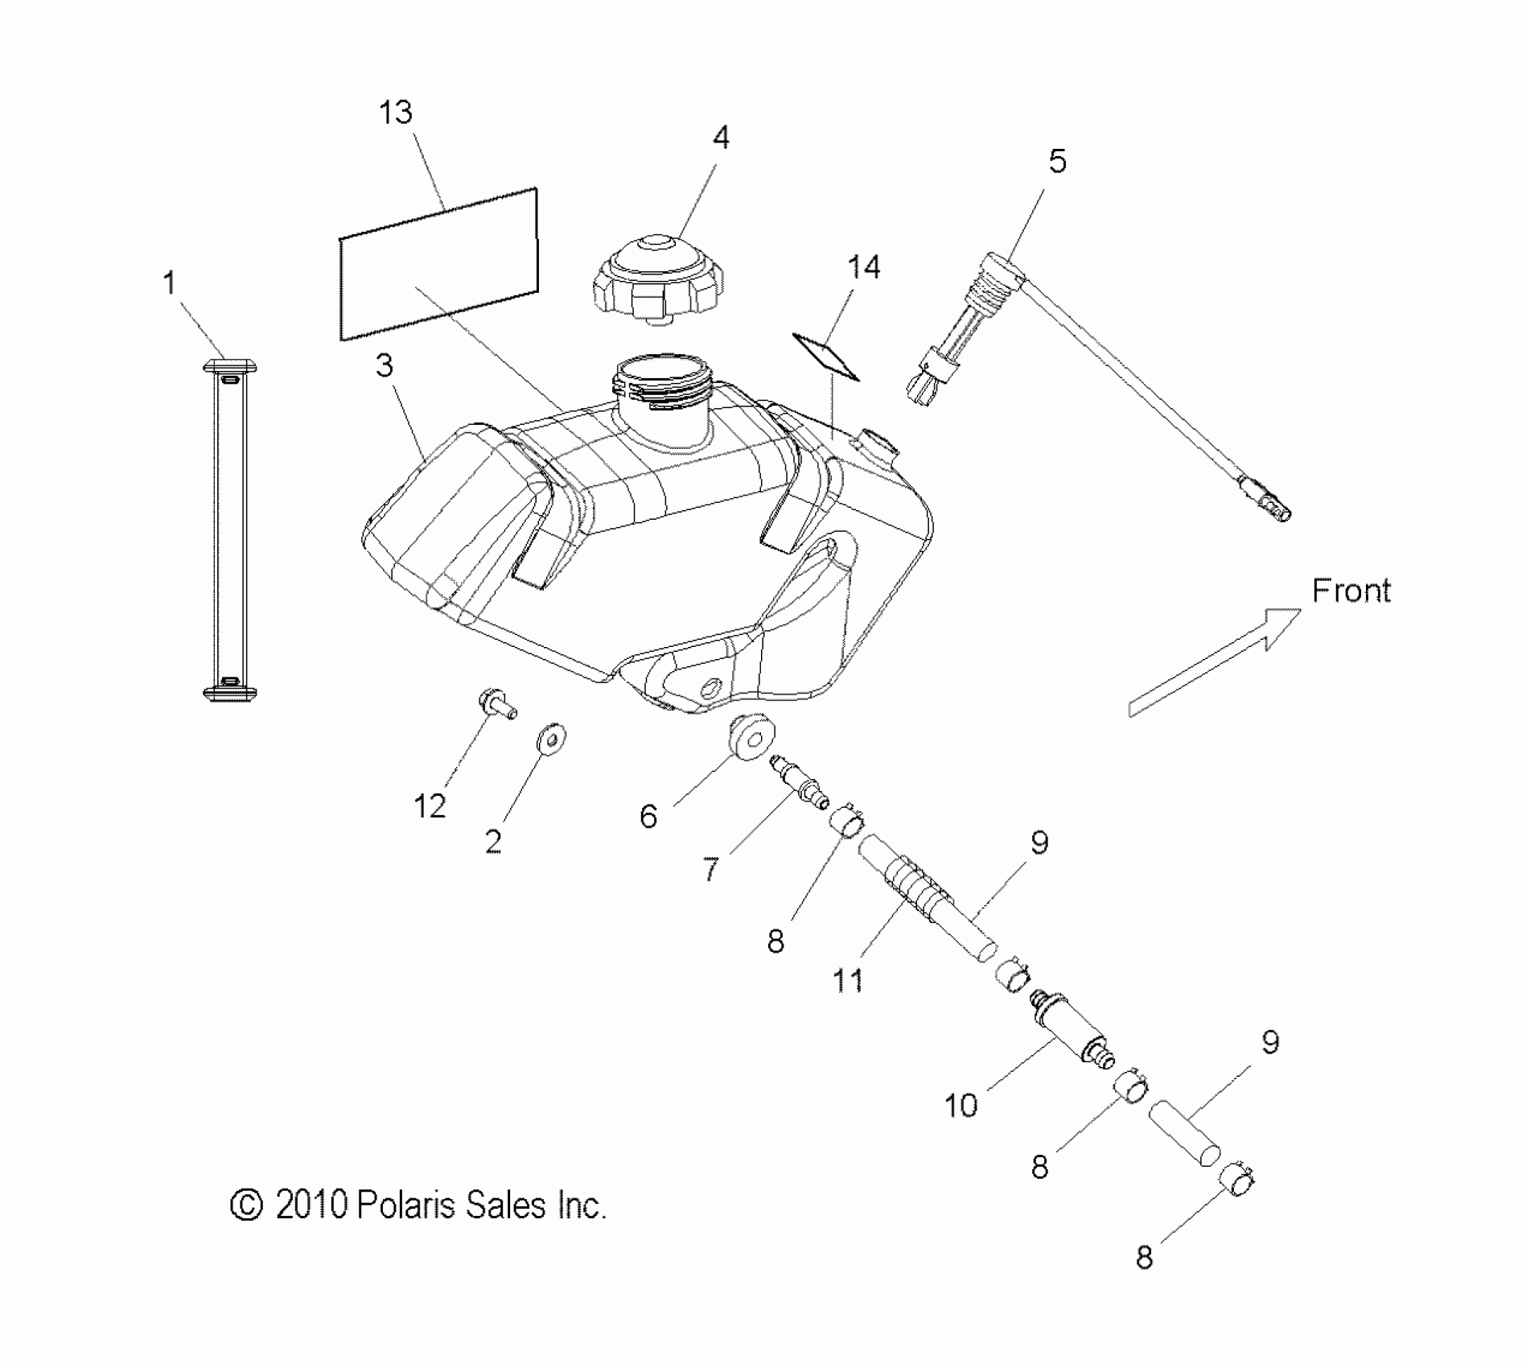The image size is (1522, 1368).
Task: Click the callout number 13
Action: point(396,113)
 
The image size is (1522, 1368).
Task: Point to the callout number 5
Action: point(1057,162)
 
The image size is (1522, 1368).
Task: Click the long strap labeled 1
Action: point(230,530)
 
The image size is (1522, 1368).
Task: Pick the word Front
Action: point(1351,591)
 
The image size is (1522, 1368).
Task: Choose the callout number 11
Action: point(848,981)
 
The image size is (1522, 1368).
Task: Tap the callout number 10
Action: point(961,1106)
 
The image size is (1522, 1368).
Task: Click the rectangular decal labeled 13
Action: point(438,263)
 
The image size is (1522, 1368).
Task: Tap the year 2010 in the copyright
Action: point(311,1205)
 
